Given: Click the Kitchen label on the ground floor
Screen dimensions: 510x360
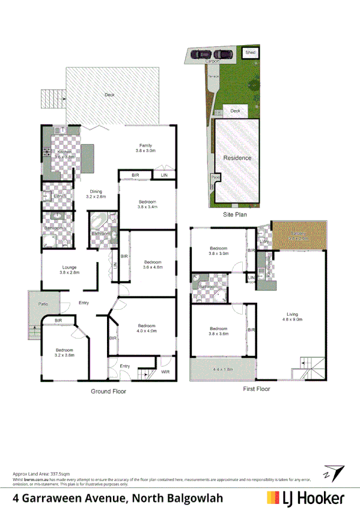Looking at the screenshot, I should pos(64,153).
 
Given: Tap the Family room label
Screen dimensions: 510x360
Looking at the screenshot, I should pos(145,146).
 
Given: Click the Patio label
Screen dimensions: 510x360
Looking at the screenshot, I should pos(43,304).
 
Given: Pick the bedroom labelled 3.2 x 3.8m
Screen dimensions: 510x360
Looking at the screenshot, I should pos(64,350).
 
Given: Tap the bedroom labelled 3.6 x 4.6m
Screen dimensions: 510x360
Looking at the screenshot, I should pos(153,262).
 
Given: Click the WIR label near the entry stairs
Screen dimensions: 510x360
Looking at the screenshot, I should pos(165,372).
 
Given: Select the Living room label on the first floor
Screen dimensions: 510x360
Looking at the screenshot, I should pos(292,314).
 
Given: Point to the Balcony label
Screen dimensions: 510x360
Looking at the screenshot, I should pos(299,233).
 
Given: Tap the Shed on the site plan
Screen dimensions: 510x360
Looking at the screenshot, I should pos(250,53).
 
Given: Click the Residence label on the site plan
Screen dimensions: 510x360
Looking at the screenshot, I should pos(237,158).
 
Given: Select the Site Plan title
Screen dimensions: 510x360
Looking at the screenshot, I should pos(235,214).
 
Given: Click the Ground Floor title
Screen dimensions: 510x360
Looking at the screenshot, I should pos(108,391).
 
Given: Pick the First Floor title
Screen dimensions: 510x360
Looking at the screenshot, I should pos(257,389).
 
